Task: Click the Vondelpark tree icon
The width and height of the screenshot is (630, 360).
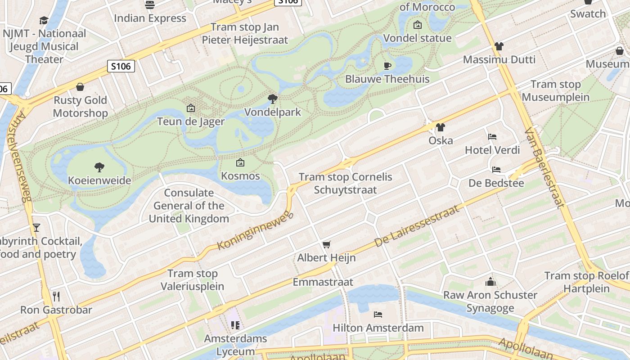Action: (272, 99)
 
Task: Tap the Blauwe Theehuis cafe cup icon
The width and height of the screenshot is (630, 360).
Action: (387, 66)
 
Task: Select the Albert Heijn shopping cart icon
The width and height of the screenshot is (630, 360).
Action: (327, 244)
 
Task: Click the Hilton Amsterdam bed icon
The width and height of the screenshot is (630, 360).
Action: (378, 314)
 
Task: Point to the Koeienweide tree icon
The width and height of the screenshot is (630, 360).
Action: (99, 167)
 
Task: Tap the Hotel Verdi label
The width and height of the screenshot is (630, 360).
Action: (492, 150)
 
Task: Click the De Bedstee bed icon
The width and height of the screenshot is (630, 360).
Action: (496, 170)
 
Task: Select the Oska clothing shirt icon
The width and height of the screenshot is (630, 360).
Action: (440, 127)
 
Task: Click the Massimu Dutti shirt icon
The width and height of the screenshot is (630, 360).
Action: (499, 46)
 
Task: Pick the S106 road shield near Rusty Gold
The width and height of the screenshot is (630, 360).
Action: (121, 67)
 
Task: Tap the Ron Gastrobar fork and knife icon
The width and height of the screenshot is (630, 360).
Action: (56, 296)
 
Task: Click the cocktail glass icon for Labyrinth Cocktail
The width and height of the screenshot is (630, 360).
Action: (36, 228)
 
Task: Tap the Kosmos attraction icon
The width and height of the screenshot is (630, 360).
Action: (240, 162)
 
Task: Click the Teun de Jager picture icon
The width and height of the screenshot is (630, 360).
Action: (191, 108)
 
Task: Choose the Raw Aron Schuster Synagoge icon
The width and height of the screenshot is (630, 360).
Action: (490, 282)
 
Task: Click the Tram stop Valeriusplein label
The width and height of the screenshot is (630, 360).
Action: (193, 279)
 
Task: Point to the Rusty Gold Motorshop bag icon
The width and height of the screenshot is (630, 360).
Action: (80, 87)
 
